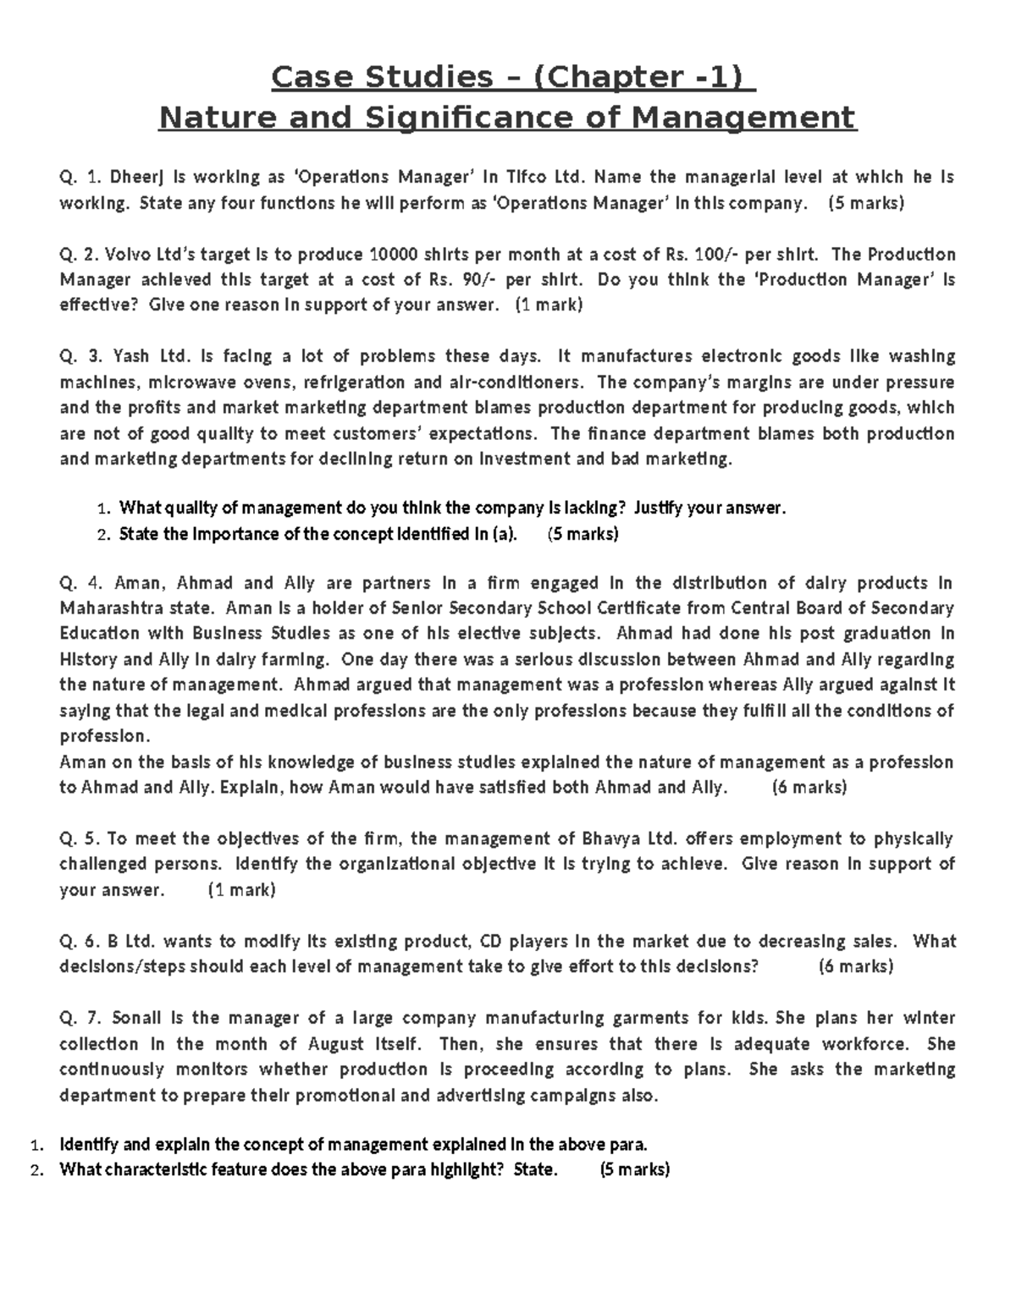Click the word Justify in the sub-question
click(x=661, y=509)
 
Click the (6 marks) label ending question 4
click(x=809, y=788)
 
